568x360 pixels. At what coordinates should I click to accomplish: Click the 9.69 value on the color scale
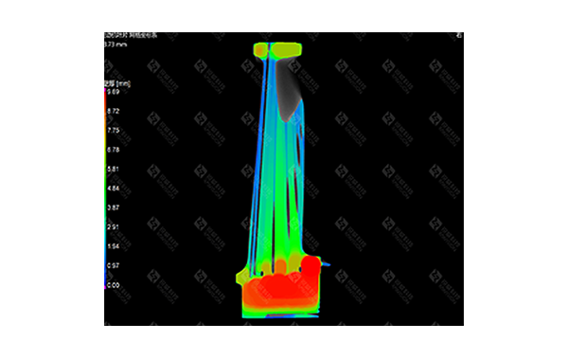click(x=113, y=92)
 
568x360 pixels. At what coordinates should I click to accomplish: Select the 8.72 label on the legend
click(x=113, y=111)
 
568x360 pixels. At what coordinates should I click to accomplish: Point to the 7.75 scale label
click(x=113, y=131)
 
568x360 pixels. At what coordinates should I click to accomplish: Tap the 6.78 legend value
click(x=113, y=150)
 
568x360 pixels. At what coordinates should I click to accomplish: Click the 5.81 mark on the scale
click(x=113, y=169)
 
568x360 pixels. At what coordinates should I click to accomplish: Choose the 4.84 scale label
click(x=113, y=188)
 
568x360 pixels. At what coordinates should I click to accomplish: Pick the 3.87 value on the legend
click(x=113, y=207)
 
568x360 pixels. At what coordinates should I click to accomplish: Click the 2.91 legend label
click(x=113, y=227)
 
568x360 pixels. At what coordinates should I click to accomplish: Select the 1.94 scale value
click(x=113, y=246)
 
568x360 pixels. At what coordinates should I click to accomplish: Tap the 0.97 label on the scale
click(x=113, y=265)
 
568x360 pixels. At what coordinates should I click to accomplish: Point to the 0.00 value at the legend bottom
click(x=113, y=284)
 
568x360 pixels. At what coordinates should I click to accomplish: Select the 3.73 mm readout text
click(x=114, y=44)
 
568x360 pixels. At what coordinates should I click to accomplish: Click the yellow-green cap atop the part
click(x=275, y=48)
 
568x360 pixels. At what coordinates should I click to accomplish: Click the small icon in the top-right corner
click(x=458, y=36)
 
